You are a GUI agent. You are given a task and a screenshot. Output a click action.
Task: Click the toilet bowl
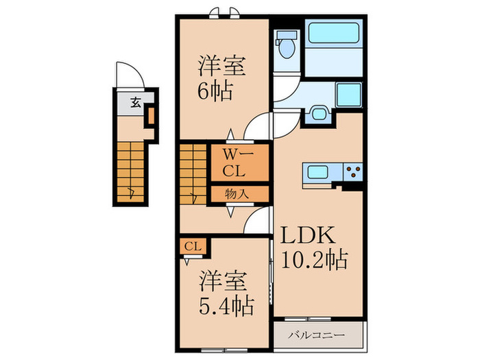pos(287,49)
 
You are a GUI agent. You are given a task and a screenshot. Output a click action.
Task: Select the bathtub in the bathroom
pos(333,33)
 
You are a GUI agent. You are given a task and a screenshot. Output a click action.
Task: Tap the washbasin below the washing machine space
pos(319,114)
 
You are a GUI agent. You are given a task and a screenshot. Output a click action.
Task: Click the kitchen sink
pos(318,171)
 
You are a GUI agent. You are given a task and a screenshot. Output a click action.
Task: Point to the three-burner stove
pos(353,171)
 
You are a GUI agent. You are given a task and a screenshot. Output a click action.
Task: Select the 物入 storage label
pos(237,194)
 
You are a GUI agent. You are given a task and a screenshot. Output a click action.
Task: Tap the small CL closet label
pos(193,246)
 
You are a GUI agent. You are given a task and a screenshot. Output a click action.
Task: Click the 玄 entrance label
pos(136,102)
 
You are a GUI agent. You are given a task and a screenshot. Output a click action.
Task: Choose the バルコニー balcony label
pos(316,335)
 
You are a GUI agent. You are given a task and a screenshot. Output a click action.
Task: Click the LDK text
pos(308,235)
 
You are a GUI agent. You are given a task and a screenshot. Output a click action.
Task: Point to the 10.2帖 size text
pos(314,260)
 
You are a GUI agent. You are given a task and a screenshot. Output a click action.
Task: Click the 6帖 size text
pos(215,91)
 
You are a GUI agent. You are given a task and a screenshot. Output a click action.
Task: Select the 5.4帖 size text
pos(226,306)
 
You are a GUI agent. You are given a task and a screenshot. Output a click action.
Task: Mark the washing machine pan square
pos(349,95)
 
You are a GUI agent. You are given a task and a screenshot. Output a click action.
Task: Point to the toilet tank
pos(287,34)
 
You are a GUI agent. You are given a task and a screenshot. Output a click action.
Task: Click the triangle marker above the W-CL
pos(230,134)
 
